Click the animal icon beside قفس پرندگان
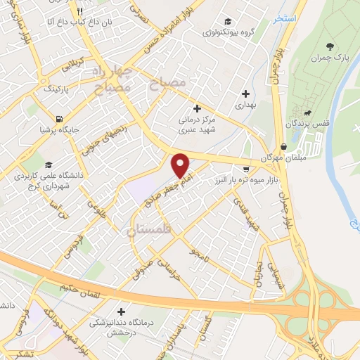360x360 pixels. click(307, 112)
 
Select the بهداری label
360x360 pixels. click(245, 105)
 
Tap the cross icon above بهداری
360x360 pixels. click(245, 93)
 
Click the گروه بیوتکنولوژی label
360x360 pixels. click(228, 32)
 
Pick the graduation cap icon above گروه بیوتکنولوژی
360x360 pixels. click(228, 21)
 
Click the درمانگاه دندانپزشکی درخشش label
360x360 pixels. click(120, 323)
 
